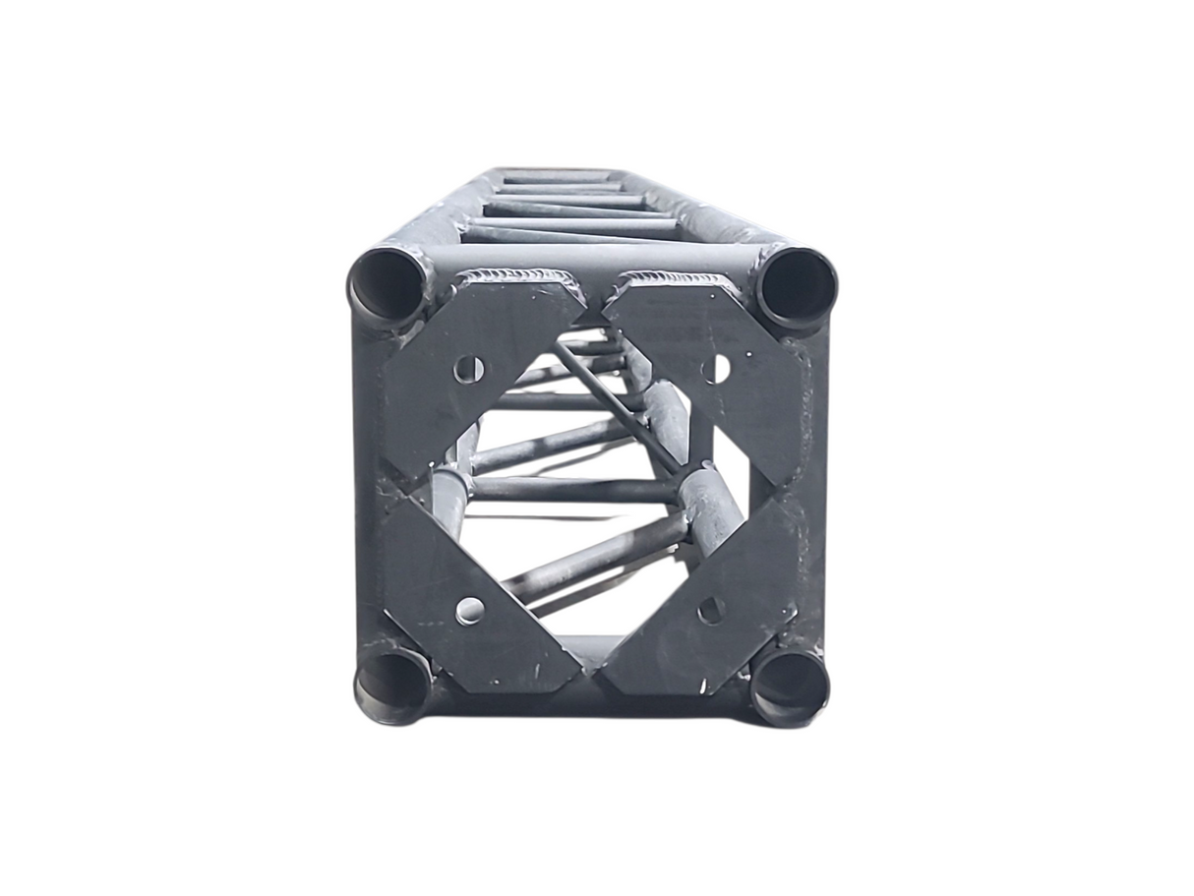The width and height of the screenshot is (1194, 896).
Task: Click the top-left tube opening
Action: point(386,285)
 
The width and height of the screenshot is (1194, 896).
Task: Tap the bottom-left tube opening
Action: point(391,684)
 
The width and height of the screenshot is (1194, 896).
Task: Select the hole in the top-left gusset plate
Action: point(469,370)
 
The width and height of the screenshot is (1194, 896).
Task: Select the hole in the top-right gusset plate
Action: point(716,369)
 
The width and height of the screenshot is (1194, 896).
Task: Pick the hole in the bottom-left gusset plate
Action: point(470,611)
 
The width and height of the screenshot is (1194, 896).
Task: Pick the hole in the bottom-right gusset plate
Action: point(711,610)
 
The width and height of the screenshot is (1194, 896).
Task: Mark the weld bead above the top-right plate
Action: point(679,276)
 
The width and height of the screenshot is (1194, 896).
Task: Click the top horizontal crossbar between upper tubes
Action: point(594,258)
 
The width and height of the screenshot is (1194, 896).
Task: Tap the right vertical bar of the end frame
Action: point(811,482)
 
